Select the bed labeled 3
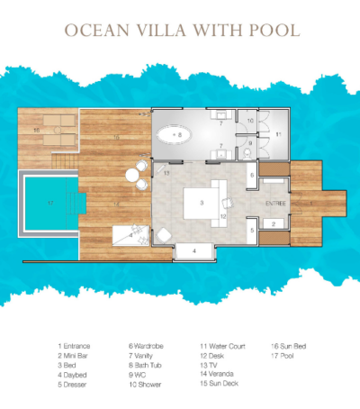[203, 203]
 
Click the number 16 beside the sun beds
[35, 131]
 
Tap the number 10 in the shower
[251, 120]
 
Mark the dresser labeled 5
[253, 232]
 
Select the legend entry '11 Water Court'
[222, 345]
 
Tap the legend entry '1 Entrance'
[76, 345]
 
